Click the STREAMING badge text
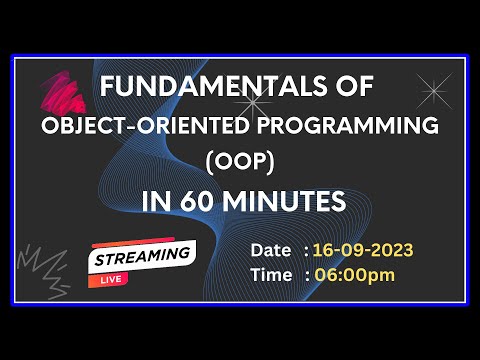coord(143,255)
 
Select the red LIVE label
coord(107,279)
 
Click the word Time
coord(273,274)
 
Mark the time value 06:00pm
coord(354,274)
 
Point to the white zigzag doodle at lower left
coord(50,269)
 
